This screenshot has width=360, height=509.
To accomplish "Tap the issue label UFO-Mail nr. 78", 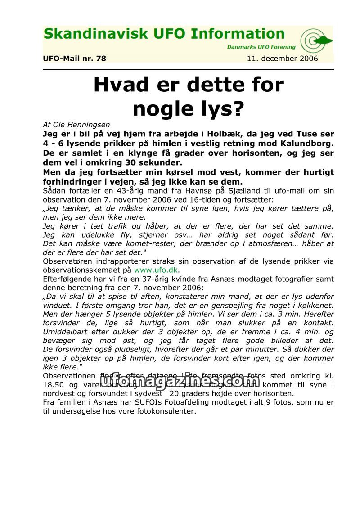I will click(x=74, y=59).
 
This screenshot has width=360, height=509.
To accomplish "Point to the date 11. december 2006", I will click(x=282, y=59).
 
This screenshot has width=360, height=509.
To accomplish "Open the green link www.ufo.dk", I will click(x=156, y=270).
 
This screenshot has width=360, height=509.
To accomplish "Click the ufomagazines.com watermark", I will click(x=180, y=382).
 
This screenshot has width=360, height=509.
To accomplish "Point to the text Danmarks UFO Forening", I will click(x=261, y=47).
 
